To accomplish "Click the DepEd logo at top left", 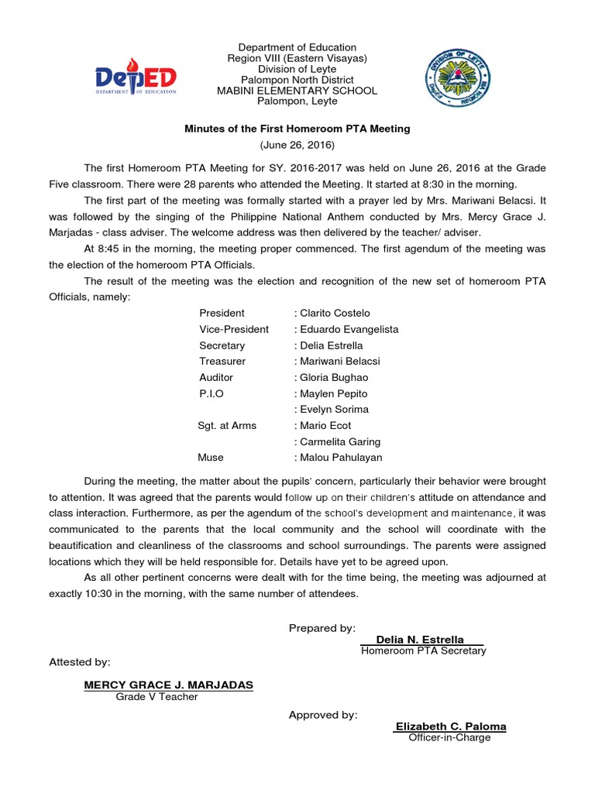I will click(x=136, y=77).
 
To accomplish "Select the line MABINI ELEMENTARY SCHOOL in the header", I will click(x=297, y=91).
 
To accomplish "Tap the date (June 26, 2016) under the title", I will click(x=297, y=146).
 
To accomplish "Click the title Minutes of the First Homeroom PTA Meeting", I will click(x=297, y=129).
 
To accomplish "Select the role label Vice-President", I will click(x=234, y=329).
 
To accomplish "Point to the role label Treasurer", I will click(x=222, y=361).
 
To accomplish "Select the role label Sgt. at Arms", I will click(x=227, y=425).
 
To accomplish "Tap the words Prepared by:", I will click(x=322, y=628).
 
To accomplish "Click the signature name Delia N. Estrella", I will click(x=420, y=640).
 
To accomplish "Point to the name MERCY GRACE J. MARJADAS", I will click(x=168, y=685).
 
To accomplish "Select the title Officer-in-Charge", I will click(x=450, y=738).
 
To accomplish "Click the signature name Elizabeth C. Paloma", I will click(x=451, y=726).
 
